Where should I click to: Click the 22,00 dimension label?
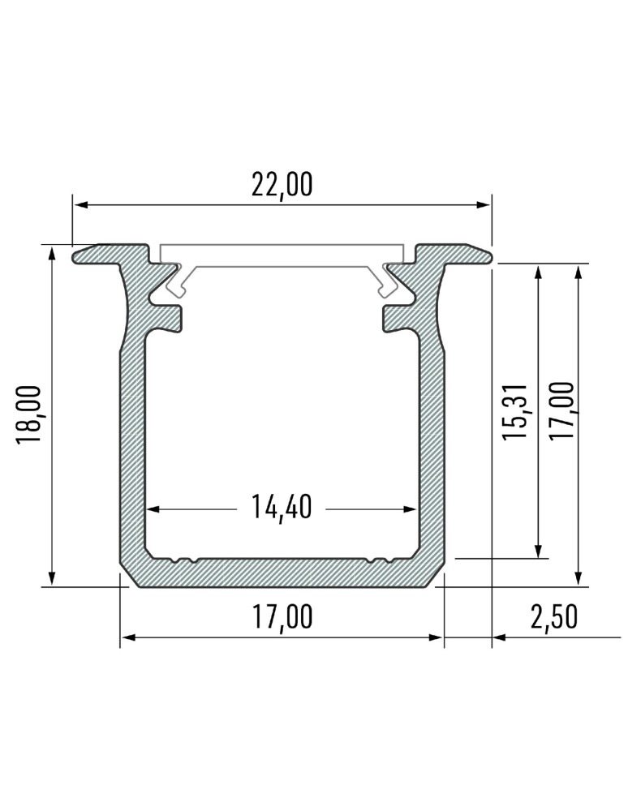click(x=282, y=185)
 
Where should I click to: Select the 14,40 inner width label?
click(x=282, y=508)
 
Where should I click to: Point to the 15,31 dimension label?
click(x=516, y=411)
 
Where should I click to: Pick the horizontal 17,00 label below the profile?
click(x=282, y=617)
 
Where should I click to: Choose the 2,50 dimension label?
click(x=554, y=617)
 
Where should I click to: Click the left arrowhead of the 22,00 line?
click(x=80, y=205)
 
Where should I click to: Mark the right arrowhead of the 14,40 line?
click(x=411, y=509)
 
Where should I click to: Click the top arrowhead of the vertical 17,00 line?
click(x=578, y=271)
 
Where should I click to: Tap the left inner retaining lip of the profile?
click(x=166, y=317)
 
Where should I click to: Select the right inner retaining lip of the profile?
click(x=398, y=317)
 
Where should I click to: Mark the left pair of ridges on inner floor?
click(x=185, y=559)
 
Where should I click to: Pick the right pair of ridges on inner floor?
click(x=379, y=559)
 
